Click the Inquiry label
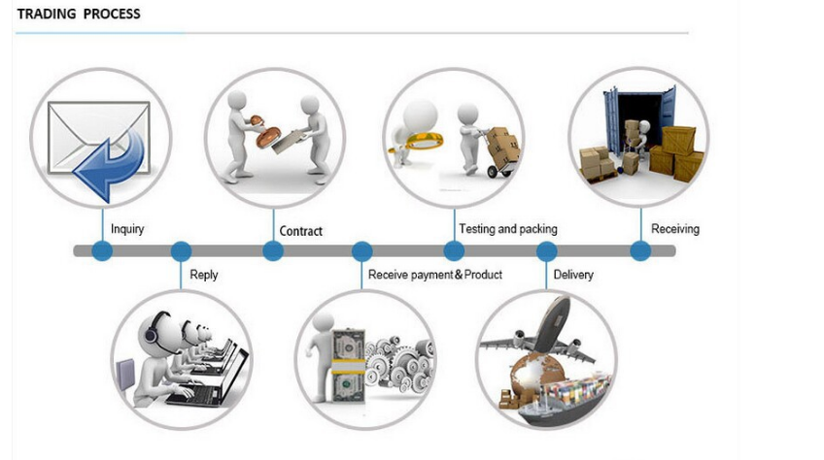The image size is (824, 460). (127, 229)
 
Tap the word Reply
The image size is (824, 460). (204, 275)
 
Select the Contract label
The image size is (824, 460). (300, 231)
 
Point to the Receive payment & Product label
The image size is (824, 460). (435, 275)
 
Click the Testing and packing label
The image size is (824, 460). (508, 229)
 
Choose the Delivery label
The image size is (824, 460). (573, 275)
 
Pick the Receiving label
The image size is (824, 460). (675, 229)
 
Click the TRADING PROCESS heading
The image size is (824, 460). (79, 15)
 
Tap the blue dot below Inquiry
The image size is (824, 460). (102, 251)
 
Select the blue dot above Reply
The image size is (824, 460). (182, 251)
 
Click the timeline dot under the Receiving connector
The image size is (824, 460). (640, 251)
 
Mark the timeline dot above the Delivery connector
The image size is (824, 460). (546, 251)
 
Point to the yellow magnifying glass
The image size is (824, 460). (419, 142)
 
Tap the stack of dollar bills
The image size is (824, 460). (349, 366)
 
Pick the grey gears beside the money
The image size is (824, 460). (399, 363)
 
